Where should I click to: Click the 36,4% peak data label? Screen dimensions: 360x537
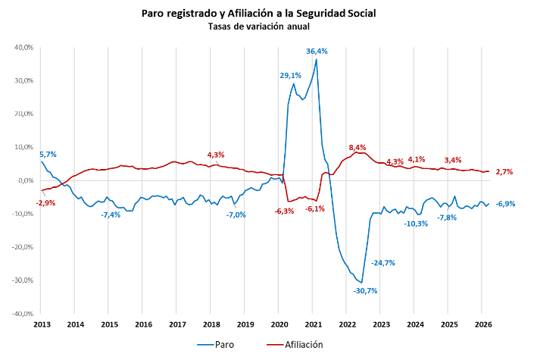pyautogui.click(x=317, y=51)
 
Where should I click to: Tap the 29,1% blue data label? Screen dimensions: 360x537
pyautogui.click(x=291, y=75)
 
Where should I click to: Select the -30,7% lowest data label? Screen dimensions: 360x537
pyautogui.click(x=365, y=290)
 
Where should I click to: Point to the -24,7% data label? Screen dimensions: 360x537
pyautogui.click(x=383, y=263)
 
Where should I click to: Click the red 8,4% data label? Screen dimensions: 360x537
pyautogui.click(x=357, y=147)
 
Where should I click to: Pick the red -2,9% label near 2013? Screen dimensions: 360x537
pyautogui.click(x=45, y=202)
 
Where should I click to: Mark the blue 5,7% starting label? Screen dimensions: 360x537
pyautogui.click(x=48, y=155)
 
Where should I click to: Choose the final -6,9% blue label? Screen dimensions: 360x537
pyautogui.click(x=505, y=203)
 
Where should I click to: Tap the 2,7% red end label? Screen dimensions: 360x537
pyautogui.click(x=504, y=172)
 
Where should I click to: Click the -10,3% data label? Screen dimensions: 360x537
pyautogui.click(x=416, y=224)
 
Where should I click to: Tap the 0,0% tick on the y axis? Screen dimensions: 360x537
pyautogui.click(x=26, y=180)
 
